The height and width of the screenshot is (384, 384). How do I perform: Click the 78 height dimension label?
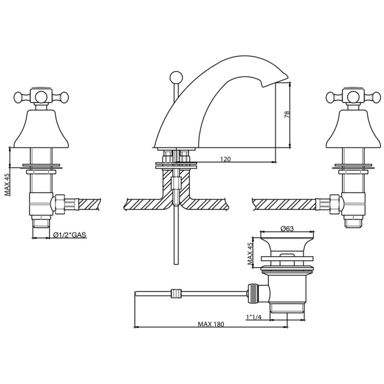tap(286, 114)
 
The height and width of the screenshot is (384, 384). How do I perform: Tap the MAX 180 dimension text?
tap(211, 324)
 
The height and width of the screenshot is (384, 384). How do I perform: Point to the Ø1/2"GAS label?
tap(70, 235)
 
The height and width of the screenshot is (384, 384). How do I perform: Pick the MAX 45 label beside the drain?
tap(250, 254)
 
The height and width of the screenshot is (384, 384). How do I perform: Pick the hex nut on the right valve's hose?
tap(334, 204)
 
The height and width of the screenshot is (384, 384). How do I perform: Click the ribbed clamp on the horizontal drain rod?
tap(176, 294)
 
